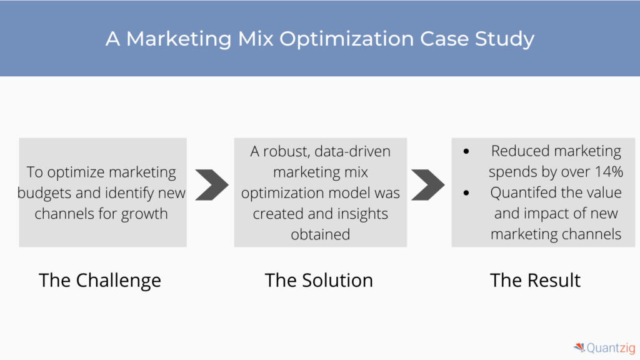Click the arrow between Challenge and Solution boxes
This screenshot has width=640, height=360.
(x=212, y=184)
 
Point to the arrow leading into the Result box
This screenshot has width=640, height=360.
(x=427, y=184)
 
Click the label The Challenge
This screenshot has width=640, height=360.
(x=100, y=281)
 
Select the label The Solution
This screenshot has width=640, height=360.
(x=319, y=281)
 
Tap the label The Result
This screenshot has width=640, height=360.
(x=535, y=281)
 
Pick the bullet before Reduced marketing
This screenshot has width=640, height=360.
(x=466, y=151)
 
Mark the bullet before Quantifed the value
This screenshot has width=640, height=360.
(x=466, y=192)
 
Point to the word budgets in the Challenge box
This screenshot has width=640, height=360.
(x=44, y=193)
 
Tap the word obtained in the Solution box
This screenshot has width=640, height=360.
(x=321, y=235)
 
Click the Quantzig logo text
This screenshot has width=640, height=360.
(x=611, y=347)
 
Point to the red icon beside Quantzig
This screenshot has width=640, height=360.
(x=579, y=347)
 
